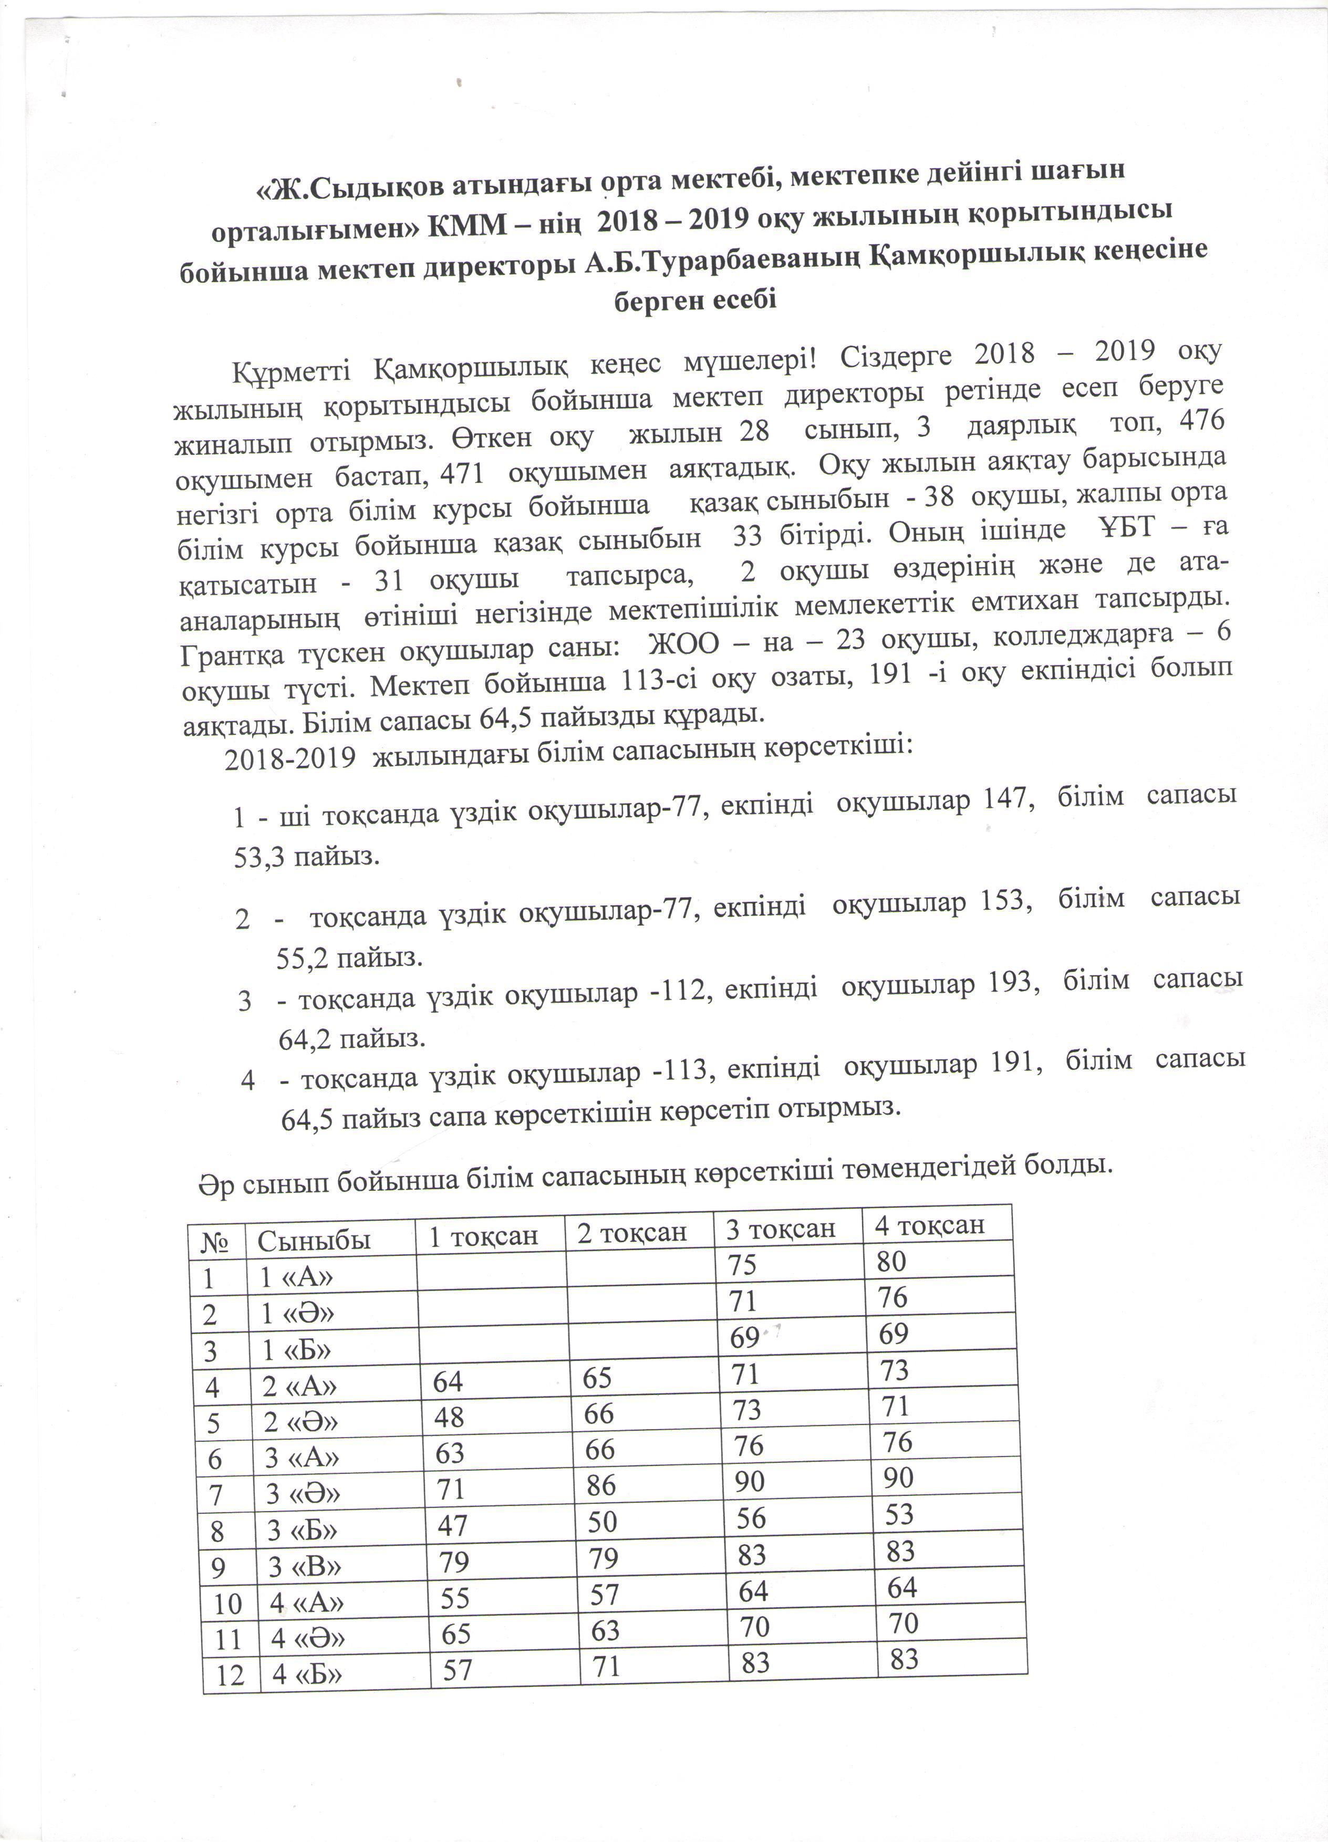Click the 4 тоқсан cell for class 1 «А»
(x=891, y=1261)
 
